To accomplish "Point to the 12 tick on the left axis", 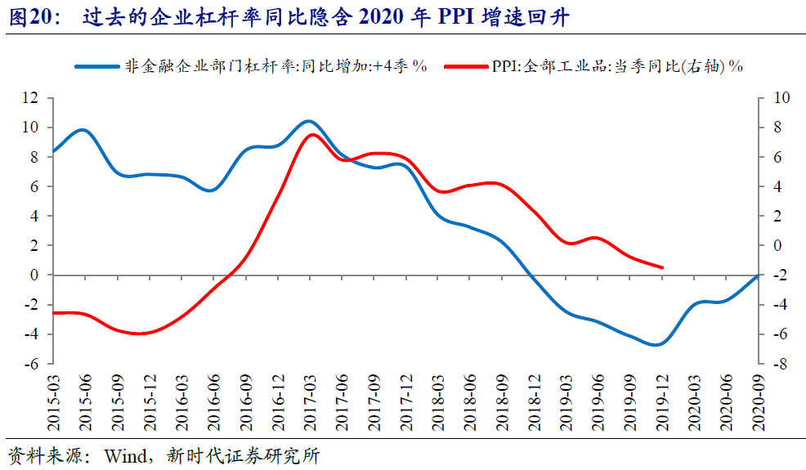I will point(31,98).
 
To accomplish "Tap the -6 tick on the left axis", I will point(31,364).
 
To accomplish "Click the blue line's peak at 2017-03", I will point(307,121).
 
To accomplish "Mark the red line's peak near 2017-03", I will point(311,135).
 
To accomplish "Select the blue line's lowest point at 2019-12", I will point(657,344).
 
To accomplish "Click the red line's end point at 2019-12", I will point(662,267).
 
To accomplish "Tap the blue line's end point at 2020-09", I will point(758,275).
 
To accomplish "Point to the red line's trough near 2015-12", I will point(141,333).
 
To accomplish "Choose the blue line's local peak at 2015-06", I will point(82,130).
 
